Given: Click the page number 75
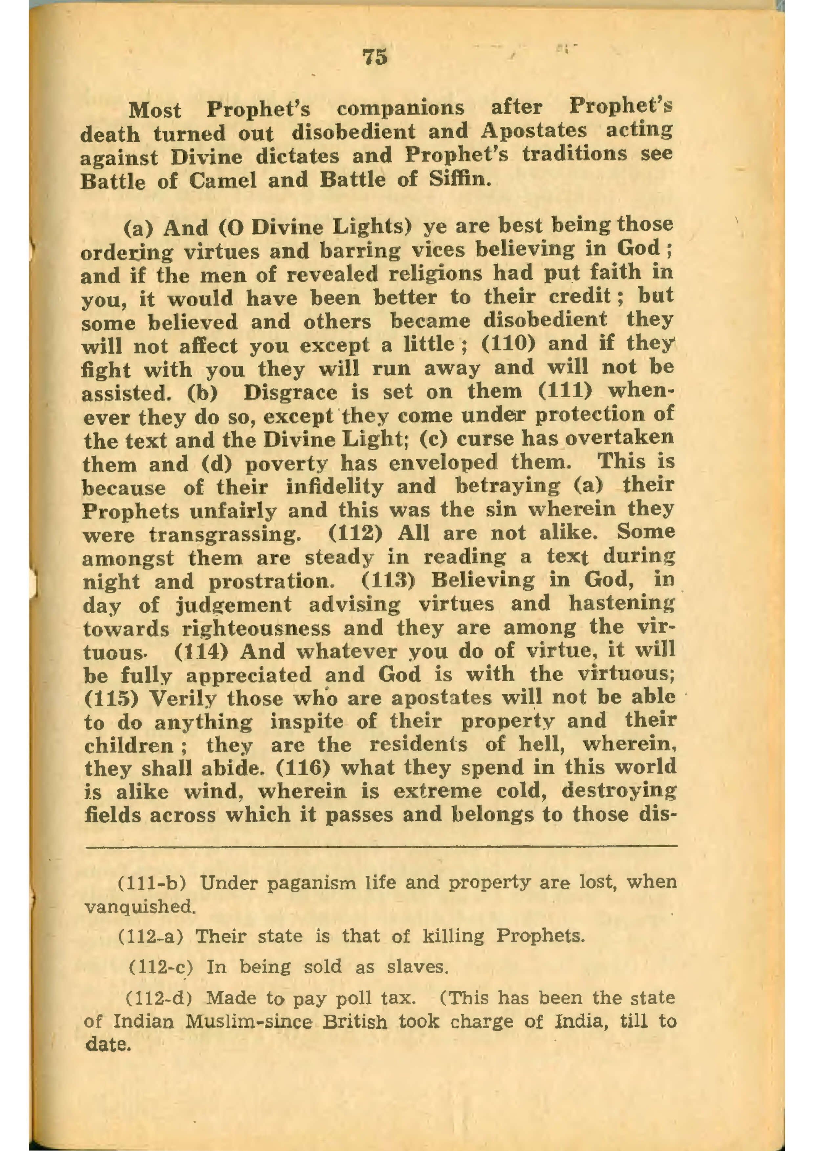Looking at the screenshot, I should click(x=375, y=57).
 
